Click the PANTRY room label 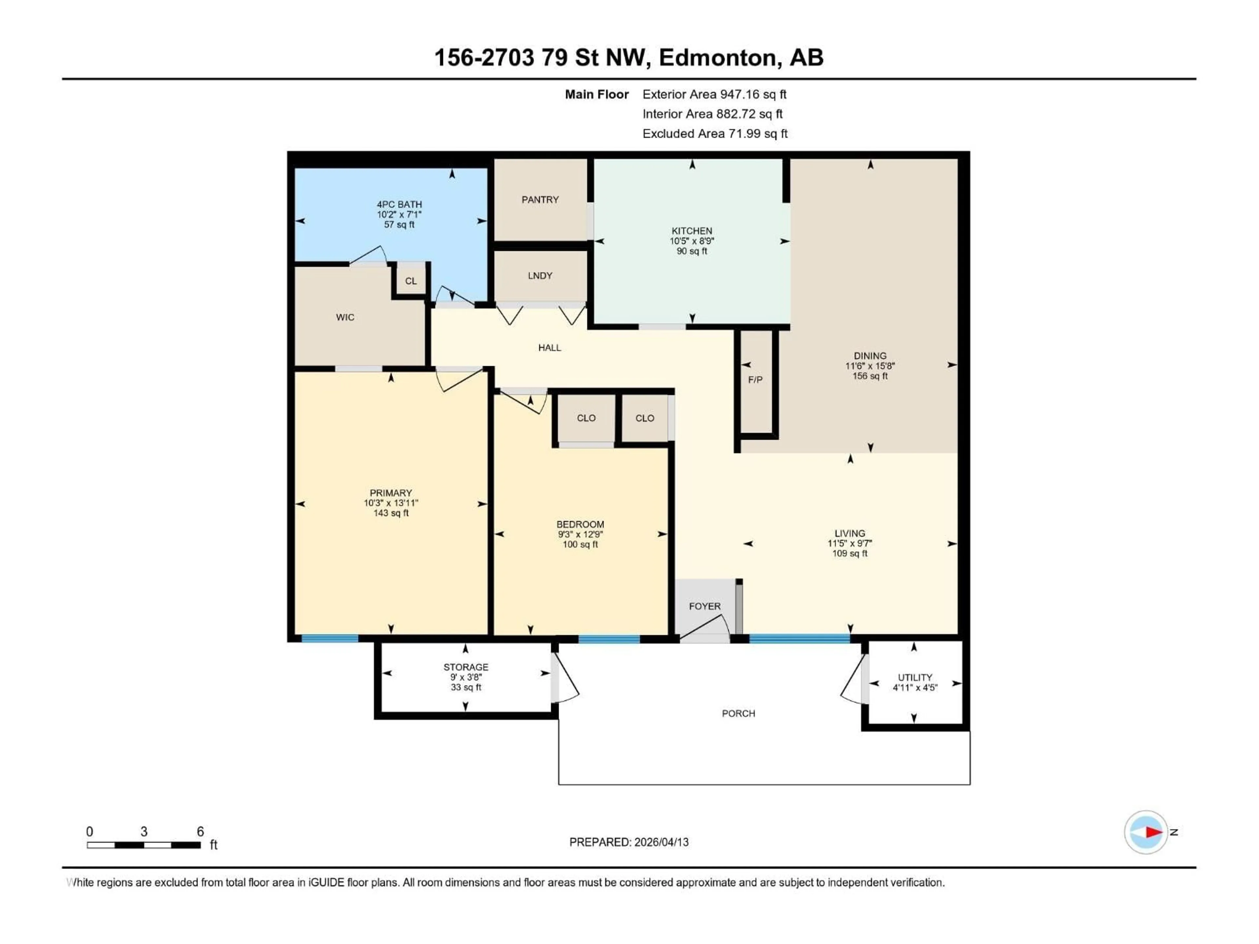[540, 200]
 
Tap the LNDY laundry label [540, 275]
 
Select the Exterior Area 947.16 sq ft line [714, 94]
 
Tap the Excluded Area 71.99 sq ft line [715, 134]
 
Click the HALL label [549, 348]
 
